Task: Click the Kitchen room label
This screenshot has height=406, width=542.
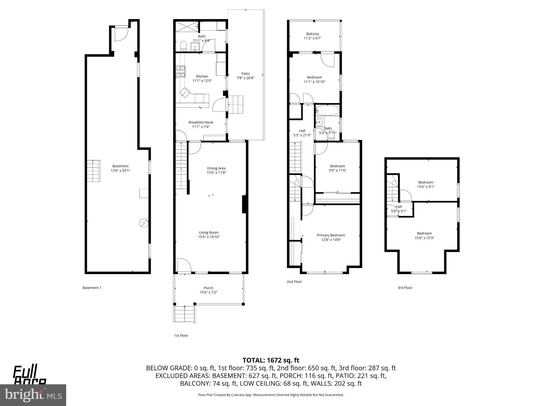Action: pos(202,76)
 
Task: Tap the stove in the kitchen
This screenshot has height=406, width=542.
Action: pos(181,72)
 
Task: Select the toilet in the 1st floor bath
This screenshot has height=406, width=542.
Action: pos(183,47)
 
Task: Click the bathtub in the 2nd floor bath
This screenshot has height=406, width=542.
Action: pos(327,110)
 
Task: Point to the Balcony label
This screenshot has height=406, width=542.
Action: pos(313,34)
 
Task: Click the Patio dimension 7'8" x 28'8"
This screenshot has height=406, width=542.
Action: pos(245,78)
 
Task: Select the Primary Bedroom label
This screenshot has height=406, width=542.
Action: pos(331,235)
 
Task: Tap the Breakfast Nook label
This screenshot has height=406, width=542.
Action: pos(201,122)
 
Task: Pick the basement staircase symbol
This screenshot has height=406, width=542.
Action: pos(93,171)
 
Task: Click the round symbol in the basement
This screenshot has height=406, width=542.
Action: pos(144,223)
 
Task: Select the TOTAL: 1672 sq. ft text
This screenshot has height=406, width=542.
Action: pos(271,360)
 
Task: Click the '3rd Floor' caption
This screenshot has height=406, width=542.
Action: pos(405,288)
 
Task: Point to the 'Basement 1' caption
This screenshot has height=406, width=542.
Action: pos(92,288)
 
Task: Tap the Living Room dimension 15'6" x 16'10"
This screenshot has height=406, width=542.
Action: pos(209,237)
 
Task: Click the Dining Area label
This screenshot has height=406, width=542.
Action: pos(216,168)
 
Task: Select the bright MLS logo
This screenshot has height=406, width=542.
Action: pos(33,395)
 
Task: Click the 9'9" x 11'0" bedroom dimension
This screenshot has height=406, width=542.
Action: pos(337,170)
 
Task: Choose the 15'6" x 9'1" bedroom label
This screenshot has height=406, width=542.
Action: pos(426,182)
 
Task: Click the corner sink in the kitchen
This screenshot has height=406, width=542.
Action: pos(185,93)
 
